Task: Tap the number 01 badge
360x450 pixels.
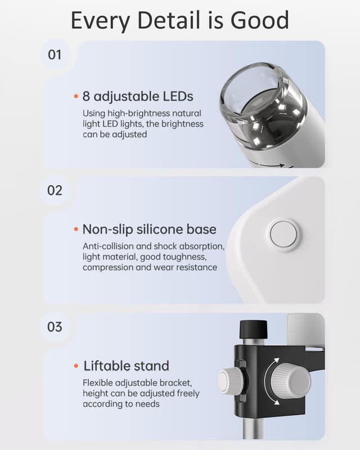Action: (x=55, y=55)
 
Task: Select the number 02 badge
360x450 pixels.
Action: (x=55, y=190)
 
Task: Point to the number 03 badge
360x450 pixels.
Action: (x=55, y=326)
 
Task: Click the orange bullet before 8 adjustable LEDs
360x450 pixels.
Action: (x=76, y=96)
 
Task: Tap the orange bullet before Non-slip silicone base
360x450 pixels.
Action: (x=76, y=229)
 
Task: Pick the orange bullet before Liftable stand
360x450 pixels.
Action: (x=76, y=366)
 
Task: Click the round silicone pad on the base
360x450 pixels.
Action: (x=283, y=235)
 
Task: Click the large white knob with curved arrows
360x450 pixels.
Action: (x=290, y=380)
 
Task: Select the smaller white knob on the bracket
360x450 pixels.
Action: (x=231, y=380)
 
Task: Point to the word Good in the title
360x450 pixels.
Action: (x=260, y=20)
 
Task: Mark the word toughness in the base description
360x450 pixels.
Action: (x=183, y=257)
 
